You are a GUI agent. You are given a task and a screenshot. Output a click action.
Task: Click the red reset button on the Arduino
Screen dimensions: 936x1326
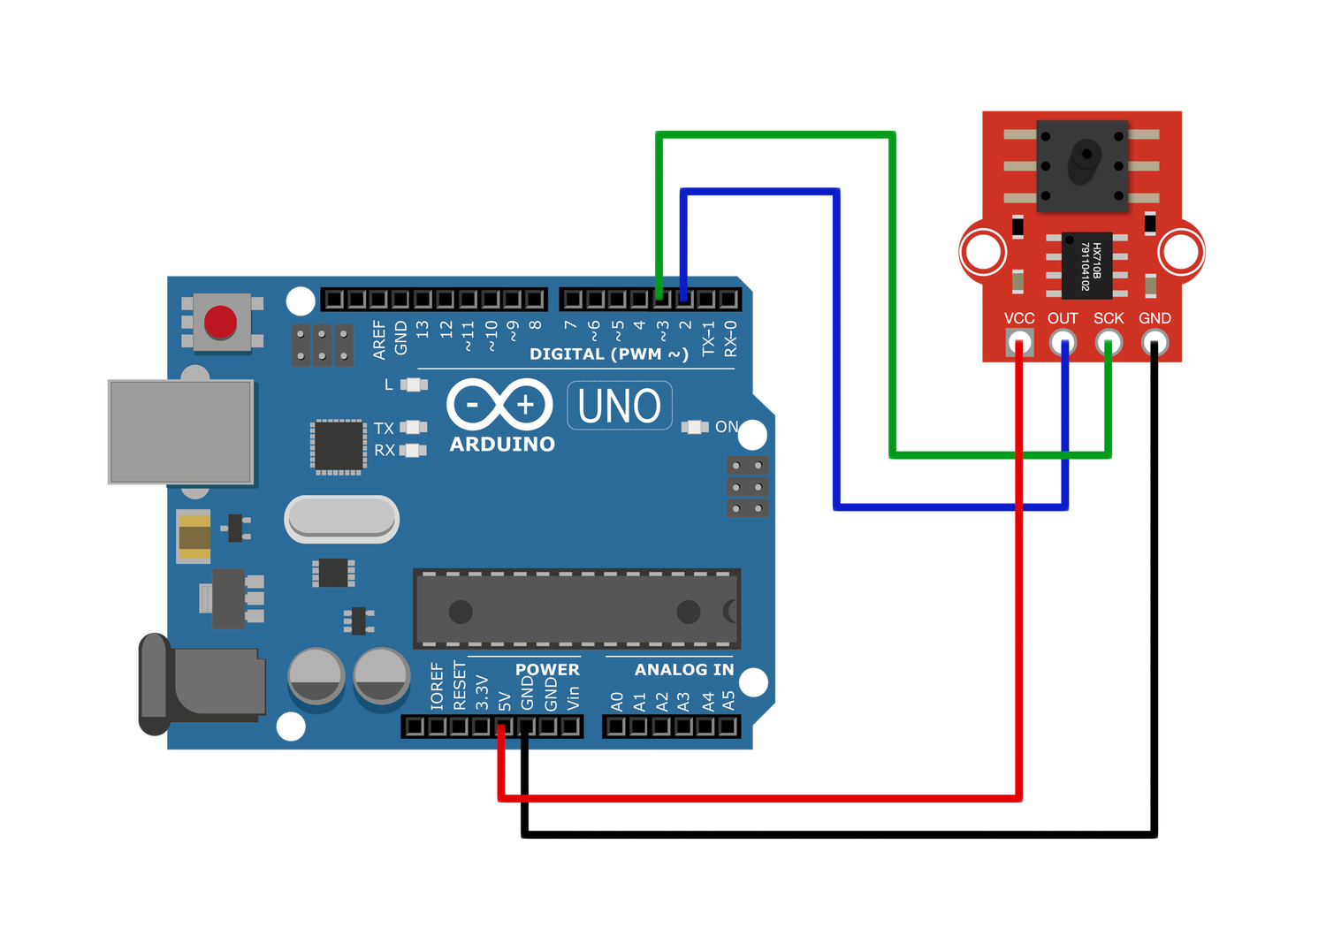(220, 323)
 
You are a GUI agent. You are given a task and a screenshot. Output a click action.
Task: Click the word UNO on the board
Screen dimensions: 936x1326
(619, 407)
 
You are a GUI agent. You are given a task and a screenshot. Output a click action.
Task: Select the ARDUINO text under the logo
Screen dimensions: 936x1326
(502, 444)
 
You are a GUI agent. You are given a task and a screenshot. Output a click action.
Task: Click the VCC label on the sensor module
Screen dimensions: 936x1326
(1019, 318)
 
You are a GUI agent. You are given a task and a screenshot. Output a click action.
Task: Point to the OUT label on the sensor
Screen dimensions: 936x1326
(1063, 318)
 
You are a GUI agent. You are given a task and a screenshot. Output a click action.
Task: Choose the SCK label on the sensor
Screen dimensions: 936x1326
(1109, 318)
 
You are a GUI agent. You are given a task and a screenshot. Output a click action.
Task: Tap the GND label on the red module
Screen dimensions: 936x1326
(1155, 318)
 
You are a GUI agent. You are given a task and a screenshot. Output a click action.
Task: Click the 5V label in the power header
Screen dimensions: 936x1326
(505, 701)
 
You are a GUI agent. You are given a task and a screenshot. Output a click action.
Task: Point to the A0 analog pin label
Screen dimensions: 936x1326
(617, 702)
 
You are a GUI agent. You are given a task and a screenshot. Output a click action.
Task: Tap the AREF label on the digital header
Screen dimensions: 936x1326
(379, 339)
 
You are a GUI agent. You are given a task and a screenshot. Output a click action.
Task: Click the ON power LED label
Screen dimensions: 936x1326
(727, 427)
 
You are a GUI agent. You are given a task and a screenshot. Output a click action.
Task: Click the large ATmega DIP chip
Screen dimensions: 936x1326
(576, 610)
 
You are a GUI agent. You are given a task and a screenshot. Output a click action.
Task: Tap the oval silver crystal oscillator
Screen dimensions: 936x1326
(342, 519)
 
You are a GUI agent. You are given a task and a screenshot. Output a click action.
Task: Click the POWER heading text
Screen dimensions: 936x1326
(547, 669)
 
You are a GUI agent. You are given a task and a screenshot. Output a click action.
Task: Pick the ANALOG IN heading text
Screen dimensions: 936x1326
(683, 669)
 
